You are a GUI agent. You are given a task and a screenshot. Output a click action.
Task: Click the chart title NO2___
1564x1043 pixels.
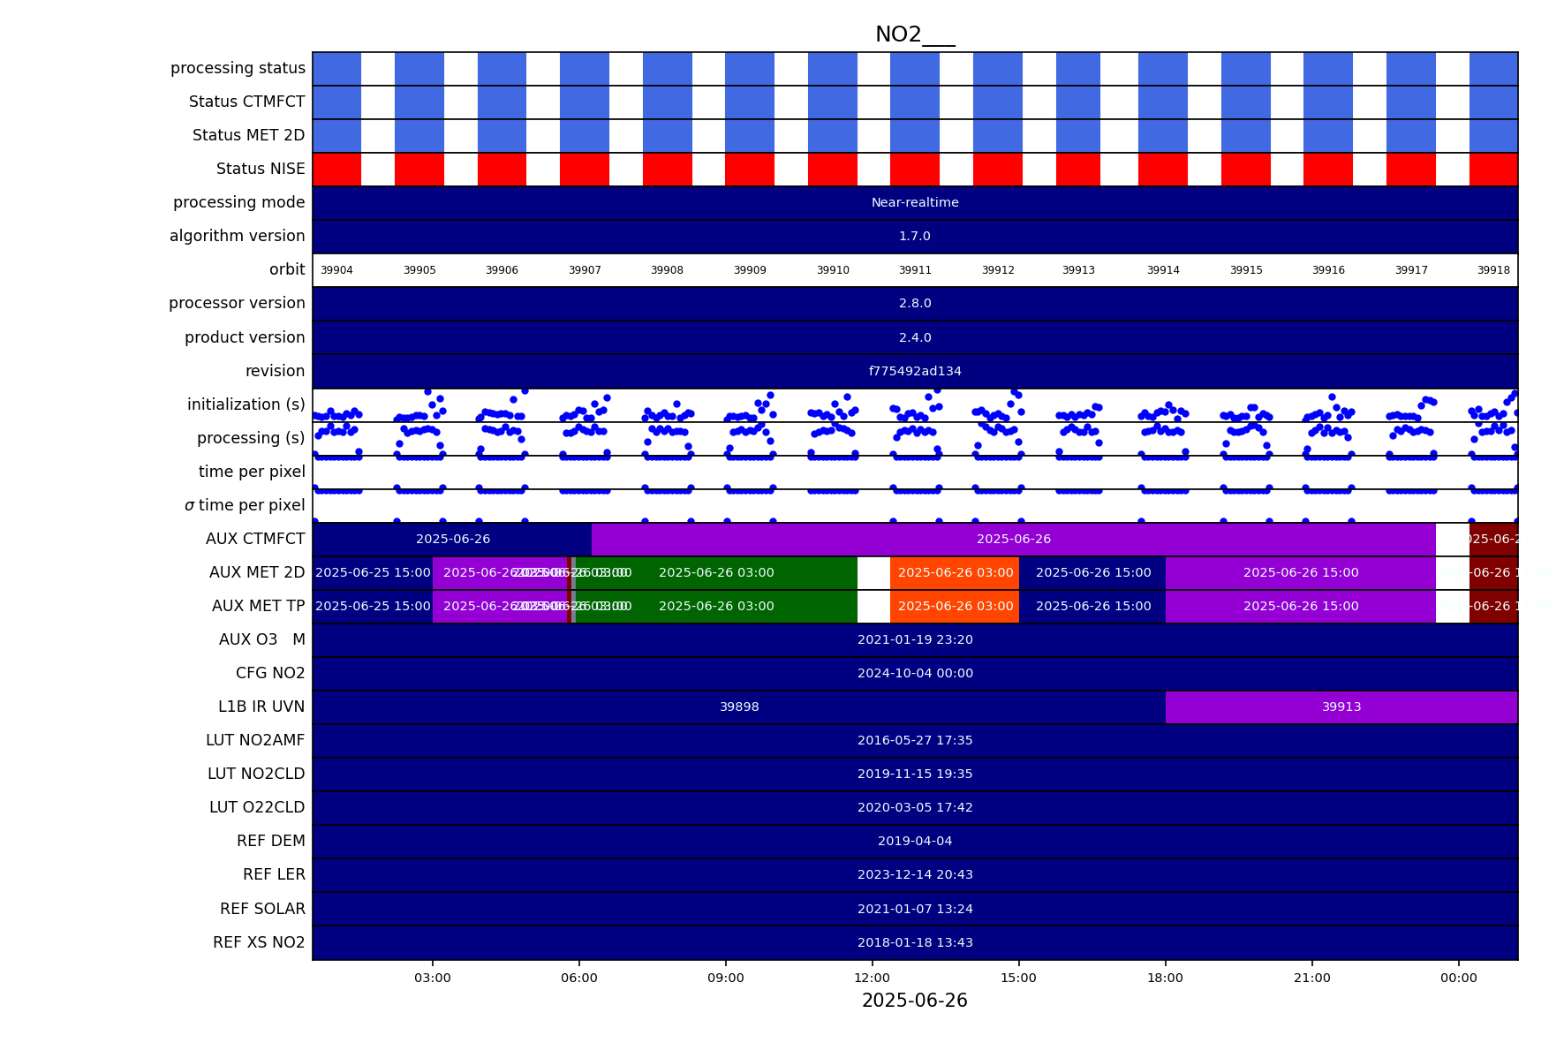click(914, 35)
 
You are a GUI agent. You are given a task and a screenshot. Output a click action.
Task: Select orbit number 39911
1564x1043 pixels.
click(915, 270)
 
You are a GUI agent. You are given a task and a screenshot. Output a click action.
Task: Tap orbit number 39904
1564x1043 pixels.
click(336, 270)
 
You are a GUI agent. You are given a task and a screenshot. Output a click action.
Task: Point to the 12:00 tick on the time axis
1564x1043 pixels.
click(873, 978)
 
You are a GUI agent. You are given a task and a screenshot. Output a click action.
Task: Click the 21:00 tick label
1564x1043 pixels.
click(1311, 978)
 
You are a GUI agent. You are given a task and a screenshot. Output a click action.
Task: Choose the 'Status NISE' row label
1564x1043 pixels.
click(261, 169)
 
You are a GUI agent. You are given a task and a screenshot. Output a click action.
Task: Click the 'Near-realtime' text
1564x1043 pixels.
click(915, 203)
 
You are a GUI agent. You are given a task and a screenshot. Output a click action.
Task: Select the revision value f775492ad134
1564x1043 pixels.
click(915, 372)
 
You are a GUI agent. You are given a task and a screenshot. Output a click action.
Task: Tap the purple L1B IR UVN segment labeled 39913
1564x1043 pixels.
click(1341, 707)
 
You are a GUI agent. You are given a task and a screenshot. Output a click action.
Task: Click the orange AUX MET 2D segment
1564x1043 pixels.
click(955, 573)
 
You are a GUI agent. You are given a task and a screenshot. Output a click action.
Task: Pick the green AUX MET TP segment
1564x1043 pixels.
click(716, 607)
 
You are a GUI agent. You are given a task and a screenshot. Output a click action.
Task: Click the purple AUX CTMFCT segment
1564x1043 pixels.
click(1013, 540)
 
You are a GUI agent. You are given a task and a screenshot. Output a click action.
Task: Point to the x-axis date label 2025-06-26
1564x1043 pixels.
click(914, 1001)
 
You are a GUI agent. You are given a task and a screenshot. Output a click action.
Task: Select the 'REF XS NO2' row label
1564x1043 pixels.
click(259, 942)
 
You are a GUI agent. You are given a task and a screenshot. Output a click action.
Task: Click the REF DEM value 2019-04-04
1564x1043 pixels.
click(915, 842)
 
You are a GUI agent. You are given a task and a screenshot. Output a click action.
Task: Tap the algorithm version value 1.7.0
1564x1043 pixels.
click(915, 237)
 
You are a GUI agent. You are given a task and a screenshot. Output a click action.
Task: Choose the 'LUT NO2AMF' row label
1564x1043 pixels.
click(255, 740)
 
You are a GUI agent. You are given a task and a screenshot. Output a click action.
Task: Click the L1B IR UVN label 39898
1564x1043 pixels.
click(739, 707)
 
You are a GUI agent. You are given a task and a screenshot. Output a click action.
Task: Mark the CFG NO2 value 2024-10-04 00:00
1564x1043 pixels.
click(915, 674)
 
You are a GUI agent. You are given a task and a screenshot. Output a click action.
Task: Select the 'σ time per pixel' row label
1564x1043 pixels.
click(245, 505)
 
